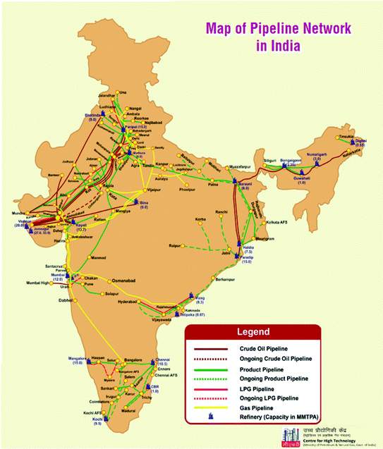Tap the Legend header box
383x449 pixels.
[x=252, y=331]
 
